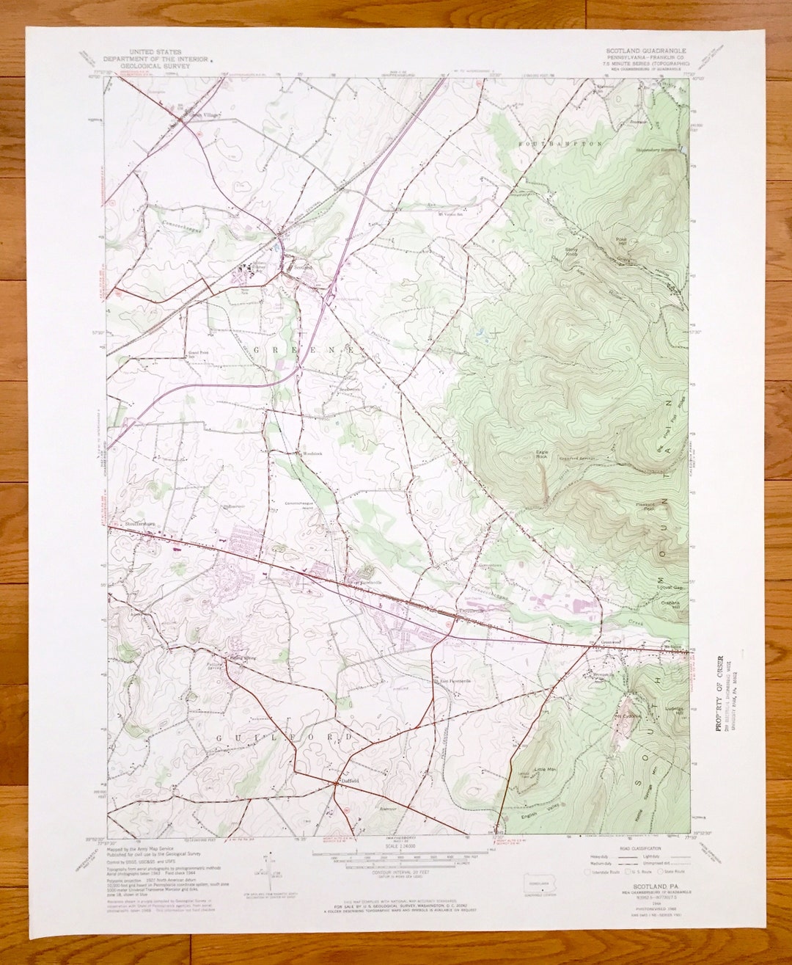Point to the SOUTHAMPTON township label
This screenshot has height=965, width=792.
(x=561, y=144)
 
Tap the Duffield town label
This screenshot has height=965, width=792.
(x=348, y=782)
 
